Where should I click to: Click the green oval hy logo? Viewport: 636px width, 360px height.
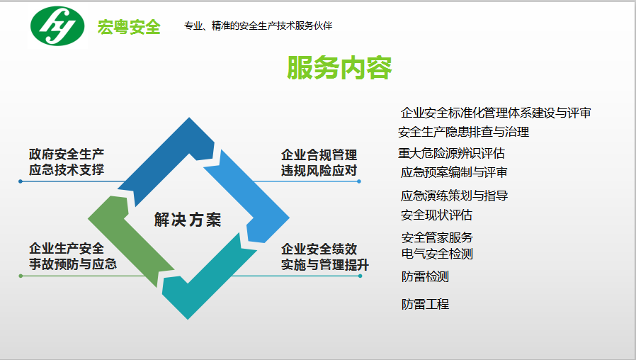click(57, 26)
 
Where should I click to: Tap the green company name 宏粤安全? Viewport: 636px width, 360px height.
click(129, 27)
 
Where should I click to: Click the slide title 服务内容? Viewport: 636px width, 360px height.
click(339, 67)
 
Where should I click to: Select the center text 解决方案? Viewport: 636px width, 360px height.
click(188, 220)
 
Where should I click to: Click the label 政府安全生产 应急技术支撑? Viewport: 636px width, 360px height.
click(67, 162)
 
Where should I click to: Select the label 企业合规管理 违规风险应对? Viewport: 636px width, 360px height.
click(319, 163)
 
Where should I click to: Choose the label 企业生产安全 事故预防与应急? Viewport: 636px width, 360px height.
click(73, 256)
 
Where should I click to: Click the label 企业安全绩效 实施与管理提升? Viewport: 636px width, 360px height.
click(325, 257)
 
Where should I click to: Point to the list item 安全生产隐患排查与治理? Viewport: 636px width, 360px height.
click(464, 132)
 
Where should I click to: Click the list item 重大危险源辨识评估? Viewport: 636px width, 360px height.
click(451, 153)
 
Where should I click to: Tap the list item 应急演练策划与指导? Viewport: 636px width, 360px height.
click(454, 196)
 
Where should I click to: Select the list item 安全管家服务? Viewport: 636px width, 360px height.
click(437, 237)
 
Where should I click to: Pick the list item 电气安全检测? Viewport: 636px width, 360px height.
click(437, 254)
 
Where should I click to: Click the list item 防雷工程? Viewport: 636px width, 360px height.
click(425, 304)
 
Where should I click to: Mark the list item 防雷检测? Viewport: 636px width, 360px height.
click(425, 277)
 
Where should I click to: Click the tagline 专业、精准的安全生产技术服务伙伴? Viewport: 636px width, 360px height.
click(258, 26)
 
